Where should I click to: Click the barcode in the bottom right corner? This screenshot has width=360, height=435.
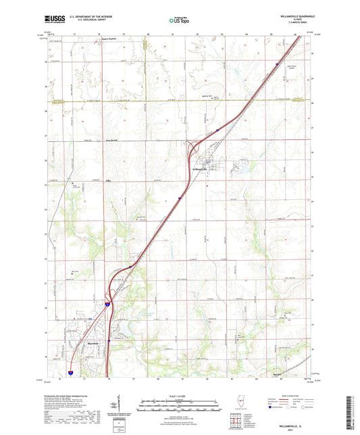click(x=352, y=405)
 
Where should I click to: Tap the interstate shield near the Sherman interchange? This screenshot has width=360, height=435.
click(x=107, y=305)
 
